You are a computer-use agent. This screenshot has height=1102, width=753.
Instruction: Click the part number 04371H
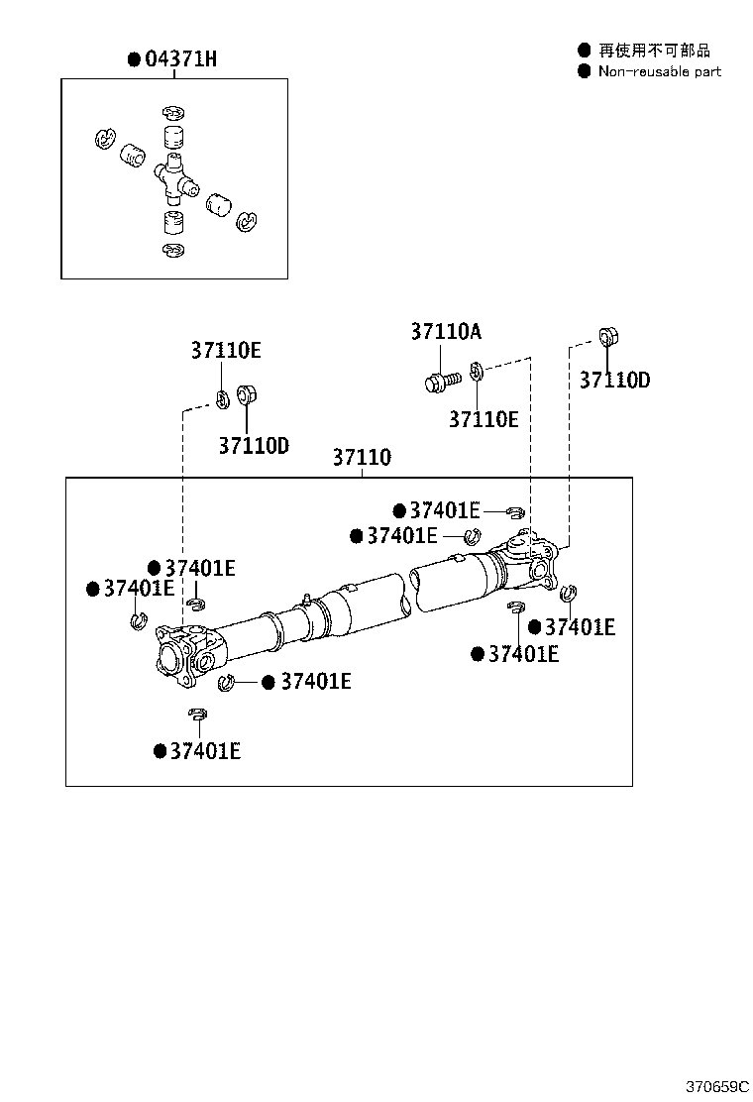click(180, 59)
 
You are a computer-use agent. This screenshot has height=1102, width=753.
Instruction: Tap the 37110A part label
click(446, 331)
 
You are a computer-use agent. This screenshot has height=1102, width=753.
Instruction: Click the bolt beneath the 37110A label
click(443, 382)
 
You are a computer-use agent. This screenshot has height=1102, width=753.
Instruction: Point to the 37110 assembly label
click(362, 457)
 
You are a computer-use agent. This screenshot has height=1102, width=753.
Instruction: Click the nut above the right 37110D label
click(608, 337)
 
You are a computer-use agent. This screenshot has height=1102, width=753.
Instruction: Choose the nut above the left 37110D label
click(246, 395)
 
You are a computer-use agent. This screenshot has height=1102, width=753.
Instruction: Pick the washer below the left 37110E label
click(223, 400)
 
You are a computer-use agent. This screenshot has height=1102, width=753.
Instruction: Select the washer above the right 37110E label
click(476, 371)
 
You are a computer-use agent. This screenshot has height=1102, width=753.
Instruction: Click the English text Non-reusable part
click(660, 71)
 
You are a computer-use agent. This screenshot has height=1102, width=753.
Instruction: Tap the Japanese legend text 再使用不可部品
click(654, 50)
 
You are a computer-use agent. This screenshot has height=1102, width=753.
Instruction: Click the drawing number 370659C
click(717, 1086)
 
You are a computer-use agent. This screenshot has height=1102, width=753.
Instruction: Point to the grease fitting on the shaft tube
click(306, 599)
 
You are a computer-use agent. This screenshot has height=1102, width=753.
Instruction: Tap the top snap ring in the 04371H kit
click(172, 112)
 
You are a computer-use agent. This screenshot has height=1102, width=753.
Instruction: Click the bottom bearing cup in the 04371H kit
click(173, 222)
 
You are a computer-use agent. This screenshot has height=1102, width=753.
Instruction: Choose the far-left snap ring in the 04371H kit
click(105, 138)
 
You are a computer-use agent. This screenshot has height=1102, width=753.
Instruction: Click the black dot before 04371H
click(134, 59)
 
